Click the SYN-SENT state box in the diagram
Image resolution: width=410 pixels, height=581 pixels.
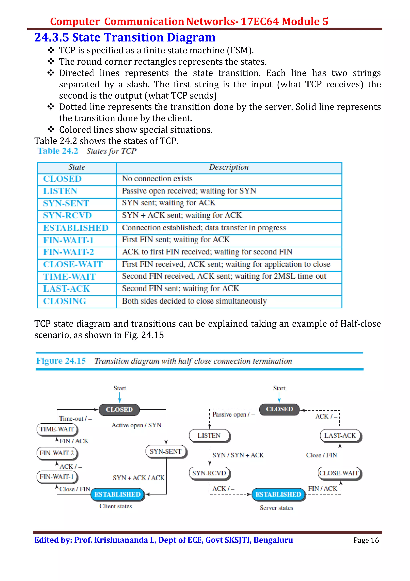pos(166,451)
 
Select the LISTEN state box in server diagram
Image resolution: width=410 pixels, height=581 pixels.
pos(209,435)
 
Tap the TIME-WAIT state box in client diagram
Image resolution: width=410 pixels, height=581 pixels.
pos(57,429)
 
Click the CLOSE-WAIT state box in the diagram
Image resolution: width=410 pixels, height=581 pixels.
pos(339,473)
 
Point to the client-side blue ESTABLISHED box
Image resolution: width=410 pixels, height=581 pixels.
pos(118,494)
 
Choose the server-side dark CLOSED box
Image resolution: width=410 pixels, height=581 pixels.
pos(279,409)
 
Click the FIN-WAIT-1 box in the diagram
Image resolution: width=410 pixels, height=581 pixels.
pos(57,477)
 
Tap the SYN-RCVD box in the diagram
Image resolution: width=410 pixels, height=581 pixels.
pos(209,473)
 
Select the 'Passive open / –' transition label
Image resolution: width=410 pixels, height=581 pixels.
pos(234,414)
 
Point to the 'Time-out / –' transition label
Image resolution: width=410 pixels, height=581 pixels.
pos(75,419)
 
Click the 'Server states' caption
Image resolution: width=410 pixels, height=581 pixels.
pos(276,508)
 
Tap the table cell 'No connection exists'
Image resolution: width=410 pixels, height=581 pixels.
pos(157,179)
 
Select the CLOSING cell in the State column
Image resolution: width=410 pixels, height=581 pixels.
pos(65,301)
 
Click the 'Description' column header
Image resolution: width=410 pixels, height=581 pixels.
pos(229,167)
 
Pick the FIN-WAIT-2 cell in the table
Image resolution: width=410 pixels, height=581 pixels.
pos(68,252)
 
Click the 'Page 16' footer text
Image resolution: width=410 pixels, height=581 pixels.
pos(366,540)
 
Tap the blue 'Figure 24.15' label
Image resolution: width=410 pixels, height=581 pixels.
pos(61,361)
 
